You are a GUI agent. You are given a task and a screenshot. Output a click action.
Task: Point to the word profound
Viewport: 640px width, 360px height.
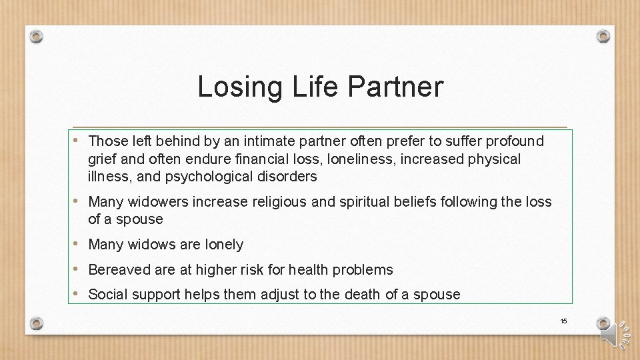tap(515, 141)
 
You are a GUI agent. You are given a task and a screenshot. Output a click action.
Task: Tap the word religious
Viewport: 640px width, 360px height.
tap(279, 201)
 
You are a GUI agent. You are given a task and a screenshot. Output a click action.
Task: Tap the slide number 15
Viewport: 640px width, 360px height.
tap(563, 321)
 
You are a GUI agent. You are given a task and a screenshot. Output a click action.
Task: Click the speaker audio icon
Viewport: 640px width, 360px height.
tap(612, 334)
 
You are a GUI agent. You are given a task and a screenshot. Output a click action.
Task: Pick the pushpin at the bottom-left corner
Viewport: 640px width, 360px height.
tap(37, 323)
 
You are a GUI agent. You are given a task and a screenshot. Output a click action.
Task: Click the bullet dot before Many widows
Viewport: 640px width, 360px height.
tap(79, 244)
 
